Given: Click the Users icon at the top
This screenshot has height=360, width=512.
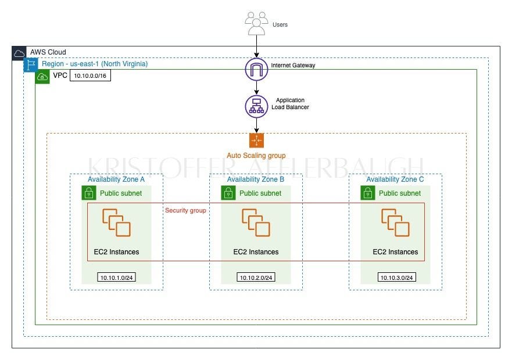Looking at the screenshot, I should click(x=256, y=24).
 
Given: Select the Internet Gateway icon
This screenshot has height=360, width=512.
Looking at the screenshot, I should click(x=256, y=69).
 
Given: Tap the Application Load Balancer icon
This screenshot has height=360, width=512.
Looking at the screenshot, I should click(x=256, y=106).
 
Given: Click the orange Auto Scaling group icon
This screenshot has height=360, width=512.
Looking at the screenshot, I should click(x=256, y=141).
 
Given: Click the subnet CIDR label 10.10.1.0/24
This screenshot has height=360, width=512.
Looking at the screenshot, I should click(x=116, y=278).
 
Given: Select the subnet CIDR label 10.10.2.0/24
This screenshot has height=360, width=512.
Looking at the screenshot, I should click(x=256, y=278).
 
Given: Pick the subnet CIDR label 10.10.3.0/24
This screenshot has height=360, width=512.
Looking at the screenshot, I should click(x=396, y=278).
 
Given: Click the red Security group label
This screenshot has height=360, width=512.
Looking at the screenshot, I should click(x=185, y=210).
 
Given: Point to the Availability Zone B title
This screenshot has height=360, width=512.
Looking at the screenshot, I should click(x=256, y=179).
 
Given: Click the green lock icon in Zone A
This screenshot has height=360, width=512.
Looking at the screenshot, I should click(x=88, y=193).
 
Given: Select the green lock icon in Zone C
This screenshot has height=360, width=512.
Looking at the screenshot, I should click(x=367, y=193).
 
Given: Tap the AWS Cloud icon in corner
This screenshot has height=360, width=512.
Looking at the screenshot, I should click(x=19, y=53).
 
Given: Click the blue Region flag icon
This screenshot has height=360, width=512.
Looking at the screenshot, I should click(x=30, y=64).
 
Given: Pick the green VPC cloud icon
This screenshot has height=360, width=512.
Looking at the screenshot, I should click(x=42, y=77).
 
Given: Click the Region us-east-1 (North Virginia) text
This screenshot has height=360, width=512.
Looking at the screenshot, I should click(x=95, y=64).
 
